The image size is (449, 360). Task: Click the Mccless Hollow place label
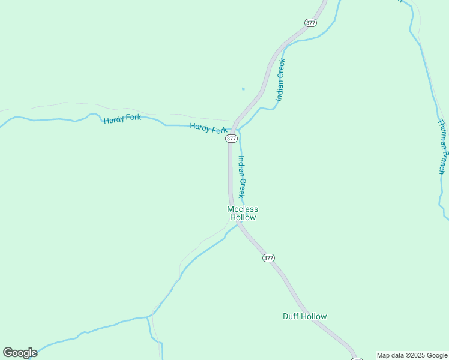[242, 213]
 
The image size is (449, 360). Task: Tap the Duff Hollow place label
[304, 316]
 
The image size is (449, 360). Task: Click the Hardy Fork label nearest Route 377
[208, 128]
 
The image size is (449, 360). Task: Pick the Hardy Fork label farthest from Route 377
[122, 119]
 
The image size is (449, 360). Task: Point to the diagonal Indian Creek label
[280, 79]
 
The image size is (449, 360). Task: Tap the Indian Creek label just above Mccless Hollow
[241, 176]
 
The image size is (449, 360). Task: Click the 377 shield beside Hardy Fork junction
[231, 139]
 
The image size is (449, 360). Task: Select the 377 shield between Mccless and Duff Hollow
[268, 258]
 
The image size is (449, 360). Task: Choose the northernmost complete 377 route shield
[310, 23]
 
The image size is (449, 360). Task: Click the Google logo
[20, 353]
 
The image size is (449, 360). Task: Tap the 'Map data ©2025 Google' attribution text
[412, 355]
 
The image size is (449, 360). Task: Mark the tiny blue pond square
[243, 89]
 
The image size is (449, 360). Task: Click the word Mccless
[242, 209]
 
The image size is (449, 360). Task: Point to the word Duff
[291, 316]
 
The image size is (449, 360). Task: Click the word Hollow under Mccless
[243, 217]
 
